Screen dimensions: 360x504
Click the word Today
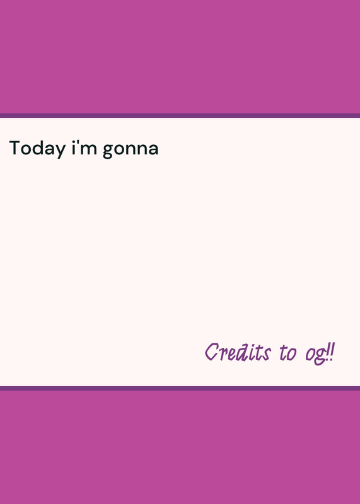point(37,149)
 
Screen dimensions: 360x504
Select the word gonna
point(131,151)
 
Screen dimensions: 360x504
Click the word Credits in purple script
point(238,352)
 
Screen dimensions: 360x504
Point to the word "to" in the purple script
point(288,353)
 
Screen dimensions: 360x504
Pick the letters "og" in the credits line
point(315,355)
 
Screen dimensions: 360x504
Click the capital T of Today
point(15,148)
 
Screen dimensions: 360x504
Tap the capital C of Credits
point(212,352)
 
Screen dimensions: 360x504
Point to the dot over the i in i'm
point(73,142)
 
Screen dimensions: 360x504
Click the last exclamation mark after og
point(332,352)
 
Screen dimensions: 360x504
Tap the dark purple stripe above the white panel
point(180,115)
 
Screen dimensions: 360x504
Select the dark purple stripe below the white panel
point(180,388)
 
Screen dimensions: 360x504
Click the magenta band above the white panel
point(180,57)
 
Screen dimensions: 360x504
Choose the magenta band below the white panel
point(180,447)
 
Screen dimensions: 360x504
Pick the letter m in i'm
point(90,150)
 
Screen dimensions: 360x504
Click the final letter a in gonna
point(153,150)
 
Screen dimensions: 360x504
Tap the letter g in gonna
point(108,151)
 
